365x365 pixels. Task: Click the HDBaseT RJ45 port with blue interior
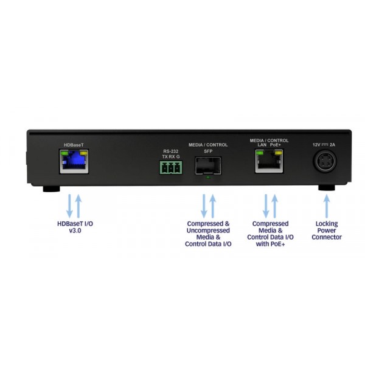click(74, 162)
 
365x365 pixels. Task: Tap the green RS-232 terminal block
click(171, 167)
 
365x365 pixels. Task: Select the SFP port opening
click(208, 165)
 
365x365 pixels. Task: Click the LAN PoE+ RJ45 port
click(269, 161)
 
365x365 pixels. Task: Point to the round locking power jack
click(325, 161)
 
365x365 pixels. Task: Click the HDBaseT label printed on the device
click(74, 145)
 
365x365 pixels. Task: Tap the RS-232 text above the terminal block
click(170, 151)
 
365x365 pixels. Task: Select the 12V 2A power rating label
click(324, 145)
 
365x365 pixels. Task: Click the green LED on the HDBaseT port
click(64, 153)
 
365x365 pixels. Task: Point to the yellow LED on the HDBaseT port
click(83, 153)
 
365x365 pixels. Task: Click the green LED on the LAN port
click(260, 153)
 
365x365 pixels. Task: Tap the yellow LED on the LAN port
click(279, 153)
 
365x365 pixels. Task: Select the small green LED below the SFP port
click(208, 178)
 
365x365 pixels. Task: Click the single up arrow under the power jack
click(327, 206)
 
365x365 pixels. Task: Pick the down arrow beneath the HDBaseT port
click(69, 206)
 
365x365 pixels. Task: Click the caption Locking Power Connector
click(327, 231)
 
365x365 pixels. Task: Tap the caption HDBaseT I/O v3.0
click(75, 227)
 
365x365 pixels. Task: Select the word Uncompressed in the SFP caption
click(208, 231)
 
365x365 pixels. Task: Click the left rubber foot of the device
click(52, 189)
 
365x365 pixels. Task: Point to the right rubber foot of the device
click(327, 188)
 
